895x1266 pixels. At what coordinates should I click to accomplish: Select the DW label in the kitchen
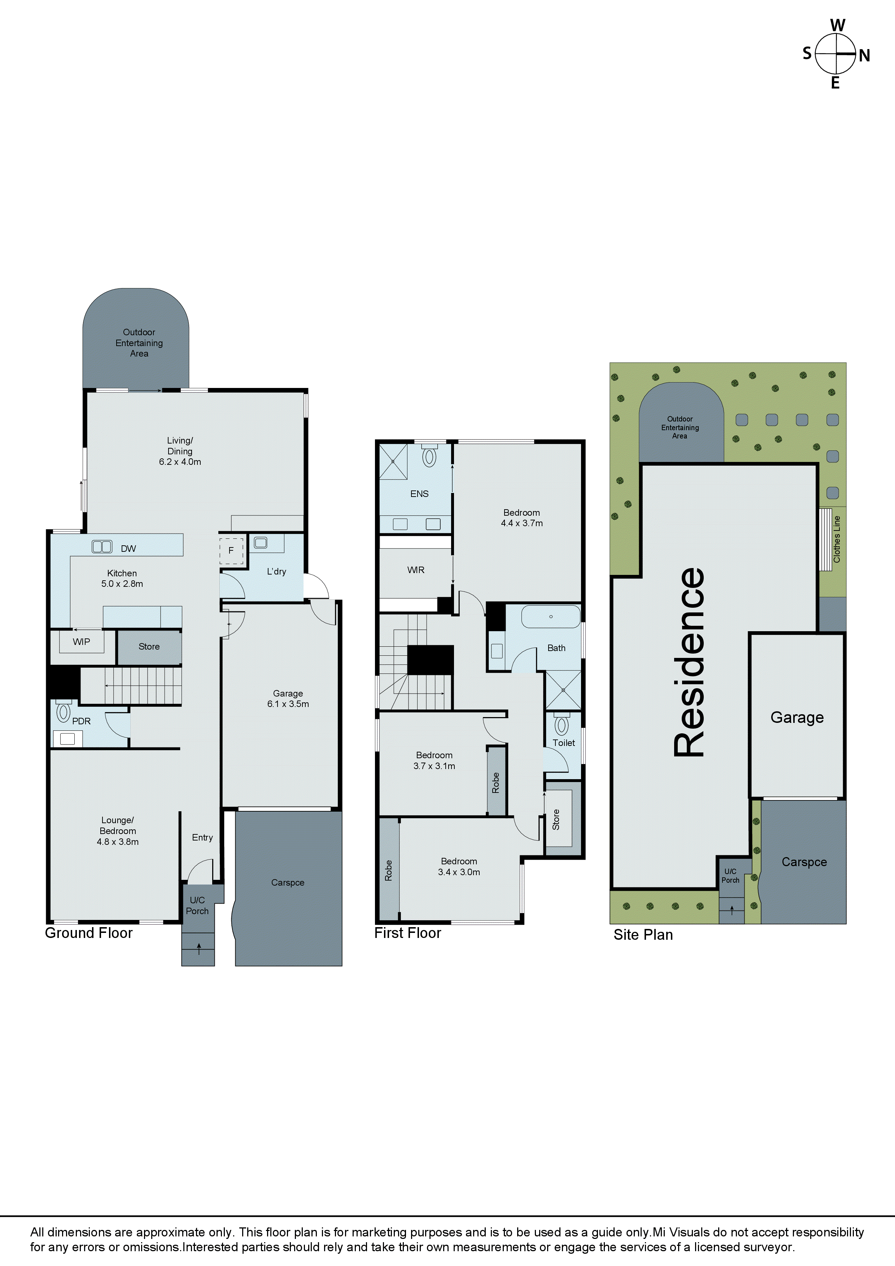128,549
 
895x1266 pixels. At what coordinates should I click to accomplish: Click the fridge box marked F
231,550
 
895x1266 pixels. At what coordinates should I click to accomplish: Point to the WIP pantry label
81,641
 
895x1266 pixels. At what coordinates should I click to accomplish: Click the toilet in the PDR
64,711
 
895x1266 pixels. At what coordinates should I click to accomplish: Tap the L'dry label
276,571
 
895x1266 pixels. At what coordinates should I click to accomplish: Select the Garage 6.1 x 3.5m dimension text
288,704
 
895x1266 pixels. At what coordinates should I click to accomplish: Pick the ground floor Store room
149,646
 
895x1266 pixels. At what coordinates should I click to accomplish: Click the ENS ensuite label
419,493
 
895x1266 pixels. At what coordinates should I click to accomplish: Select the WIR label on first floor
416,569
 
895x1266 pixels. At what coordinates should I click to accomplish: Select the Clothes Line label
837,539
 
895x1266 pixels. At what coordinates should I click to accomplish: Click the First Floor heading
407,933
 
